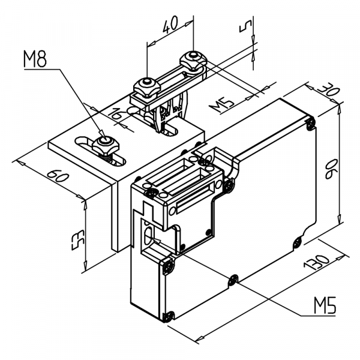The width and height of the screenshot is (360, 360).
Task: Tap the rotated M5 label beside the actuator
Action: pyautogui.click(x=222, y=104)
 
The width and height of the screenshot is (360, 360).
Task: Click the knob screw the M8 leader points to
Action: pyautogui.click(x=104, y=142)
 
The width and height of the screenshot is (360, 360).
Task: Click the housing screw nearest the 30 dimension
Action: pyautogui.click(x=310, y=123)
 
